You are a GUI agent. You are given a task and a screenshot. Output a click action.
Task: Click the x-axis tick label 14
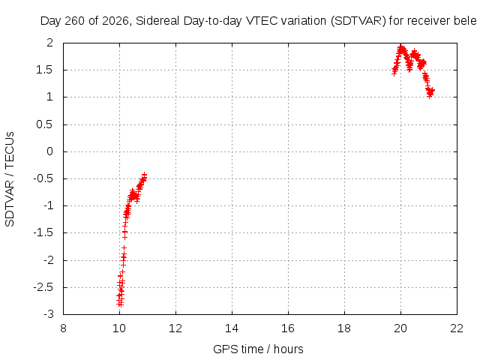point(232,328)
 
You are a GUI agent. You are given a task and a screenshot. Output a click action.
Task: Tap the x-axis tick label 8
point(63,328)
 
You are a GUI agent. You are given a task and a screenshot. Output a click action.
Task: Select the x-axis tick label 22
point(457,328)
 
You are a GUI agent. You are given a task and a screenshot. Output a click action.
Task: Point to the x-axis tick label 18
point(344,328)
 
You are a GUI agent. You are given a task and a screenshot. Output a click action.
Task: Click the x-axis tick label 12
point(175,328)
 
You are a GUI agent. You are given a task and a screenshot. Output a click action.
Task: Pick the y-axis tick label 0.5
point(45,124)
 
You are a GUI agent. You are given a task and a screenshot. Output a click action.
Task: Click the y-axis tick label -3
point(49,314)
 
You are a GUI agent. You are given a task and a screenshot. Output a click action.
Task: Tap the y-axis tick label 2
point(50,43)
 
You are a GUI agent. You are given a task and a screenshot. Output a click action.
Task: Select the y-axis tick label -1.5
point(43,233)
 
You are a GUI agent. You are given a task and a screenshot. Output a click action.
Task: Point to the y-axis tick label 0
point(50,151)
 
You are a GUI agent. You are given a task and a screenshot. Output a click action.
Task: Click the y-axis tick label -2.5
point(43,287)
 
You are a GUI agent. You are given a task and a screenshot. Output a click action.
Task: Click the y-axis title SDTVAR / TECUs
point(10,179)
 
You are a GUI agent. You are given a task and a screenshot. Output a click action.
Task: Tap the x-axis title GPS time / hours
point(258,349)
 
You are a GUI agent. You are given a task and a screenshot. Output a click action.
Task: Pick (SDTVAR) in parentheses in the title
point(358,21)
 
